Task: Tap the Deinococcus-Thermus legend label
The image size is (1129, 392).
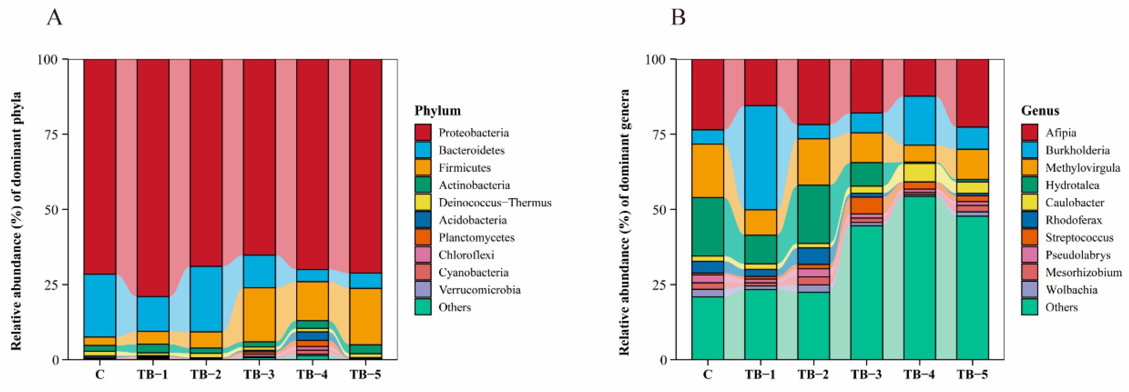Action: click(x=495, y=203)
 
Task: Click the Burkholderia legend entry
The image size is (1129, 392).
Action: click(x=1077, y=150)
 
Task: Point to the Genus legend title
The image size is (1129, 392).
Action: click(x=1040, y=110)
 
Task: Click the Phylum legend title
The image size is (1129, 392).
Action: click(x=437, y=110)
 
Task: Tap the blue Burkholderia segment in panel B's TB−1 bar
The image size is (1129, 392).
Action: click(x=760, y=158)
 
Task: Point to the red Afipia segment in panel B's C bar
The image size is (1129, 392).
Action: click(x=707, y=94)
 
